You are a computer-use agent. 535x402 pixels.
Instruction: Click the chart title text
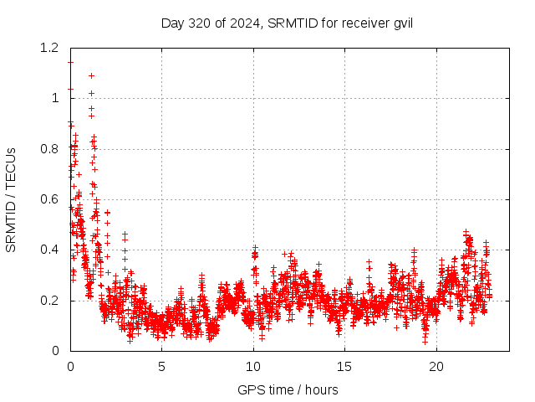[287, 23]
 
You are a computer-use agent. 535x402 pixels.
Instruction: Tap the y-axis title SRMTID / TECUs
[11, 198]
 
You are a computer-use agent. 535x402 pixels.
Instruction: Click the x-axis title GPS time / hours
[288, 389]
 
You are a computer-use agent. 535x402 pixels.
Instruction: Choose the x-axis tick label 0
[70, 366]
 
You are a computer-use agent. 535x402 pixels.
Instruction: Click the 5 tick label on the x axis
[162, 366]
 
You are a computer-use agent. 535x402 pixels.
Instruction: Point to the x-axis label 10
[253, 366]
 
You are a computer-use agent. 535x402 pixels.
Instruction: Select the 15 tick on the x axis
[344, 366]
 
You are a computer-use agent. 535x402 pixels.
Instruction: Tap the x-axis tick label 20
[436, 366]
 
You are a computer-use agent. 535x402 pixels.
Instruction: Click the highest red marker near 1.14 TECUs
[70, 62]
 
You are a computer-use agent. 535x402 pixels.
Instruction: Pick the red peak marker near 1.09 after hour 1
[91, 75]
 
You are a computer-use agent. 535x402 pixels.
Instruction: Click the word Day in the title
[172, 23]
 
